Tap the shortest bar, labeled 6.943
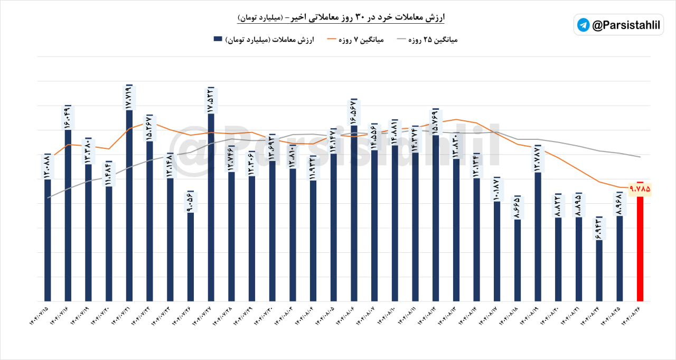coord(599,269)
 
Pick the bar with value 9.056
coord(191,256)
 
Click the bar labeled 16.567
coord(354,211)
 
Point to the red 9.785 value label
coord(640,188)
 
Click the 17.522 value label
coord(211,100)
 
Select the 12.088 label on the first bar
coord(48,166)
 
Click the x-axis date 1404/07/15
coord(40,319)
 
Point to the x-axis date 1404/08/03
coord(285,319)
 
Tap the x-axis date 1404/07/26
coord(183,319)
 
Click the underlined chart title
coord(341,18)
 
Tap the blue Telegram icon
coord(584,25)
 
